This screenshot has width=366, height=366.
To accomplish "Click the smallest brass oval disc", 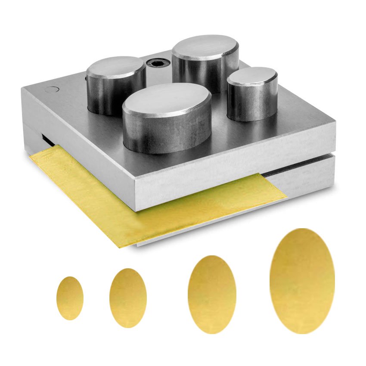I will coord(70,298).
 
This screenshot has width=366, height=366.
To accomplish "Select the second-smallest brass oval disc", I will coord(128,298).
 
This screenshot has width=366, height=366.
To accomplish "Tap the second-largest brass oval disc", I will coord(212,295).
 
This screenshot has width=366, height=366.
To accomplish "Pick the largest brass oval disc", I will coord(302,281).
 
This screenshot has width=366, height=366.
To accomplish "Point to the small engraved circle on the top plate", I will coord(53,90).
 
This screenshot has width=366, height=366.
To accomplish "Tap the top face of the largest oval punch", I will coord(167,98).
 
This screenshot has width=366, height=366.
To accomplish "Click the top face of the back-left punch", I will coord(115,67).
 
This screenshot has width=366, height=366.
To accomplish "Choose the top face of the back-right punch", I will coord(205,47).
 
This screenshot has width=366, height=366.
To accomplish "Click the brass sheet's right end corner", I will coord(286,199).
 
